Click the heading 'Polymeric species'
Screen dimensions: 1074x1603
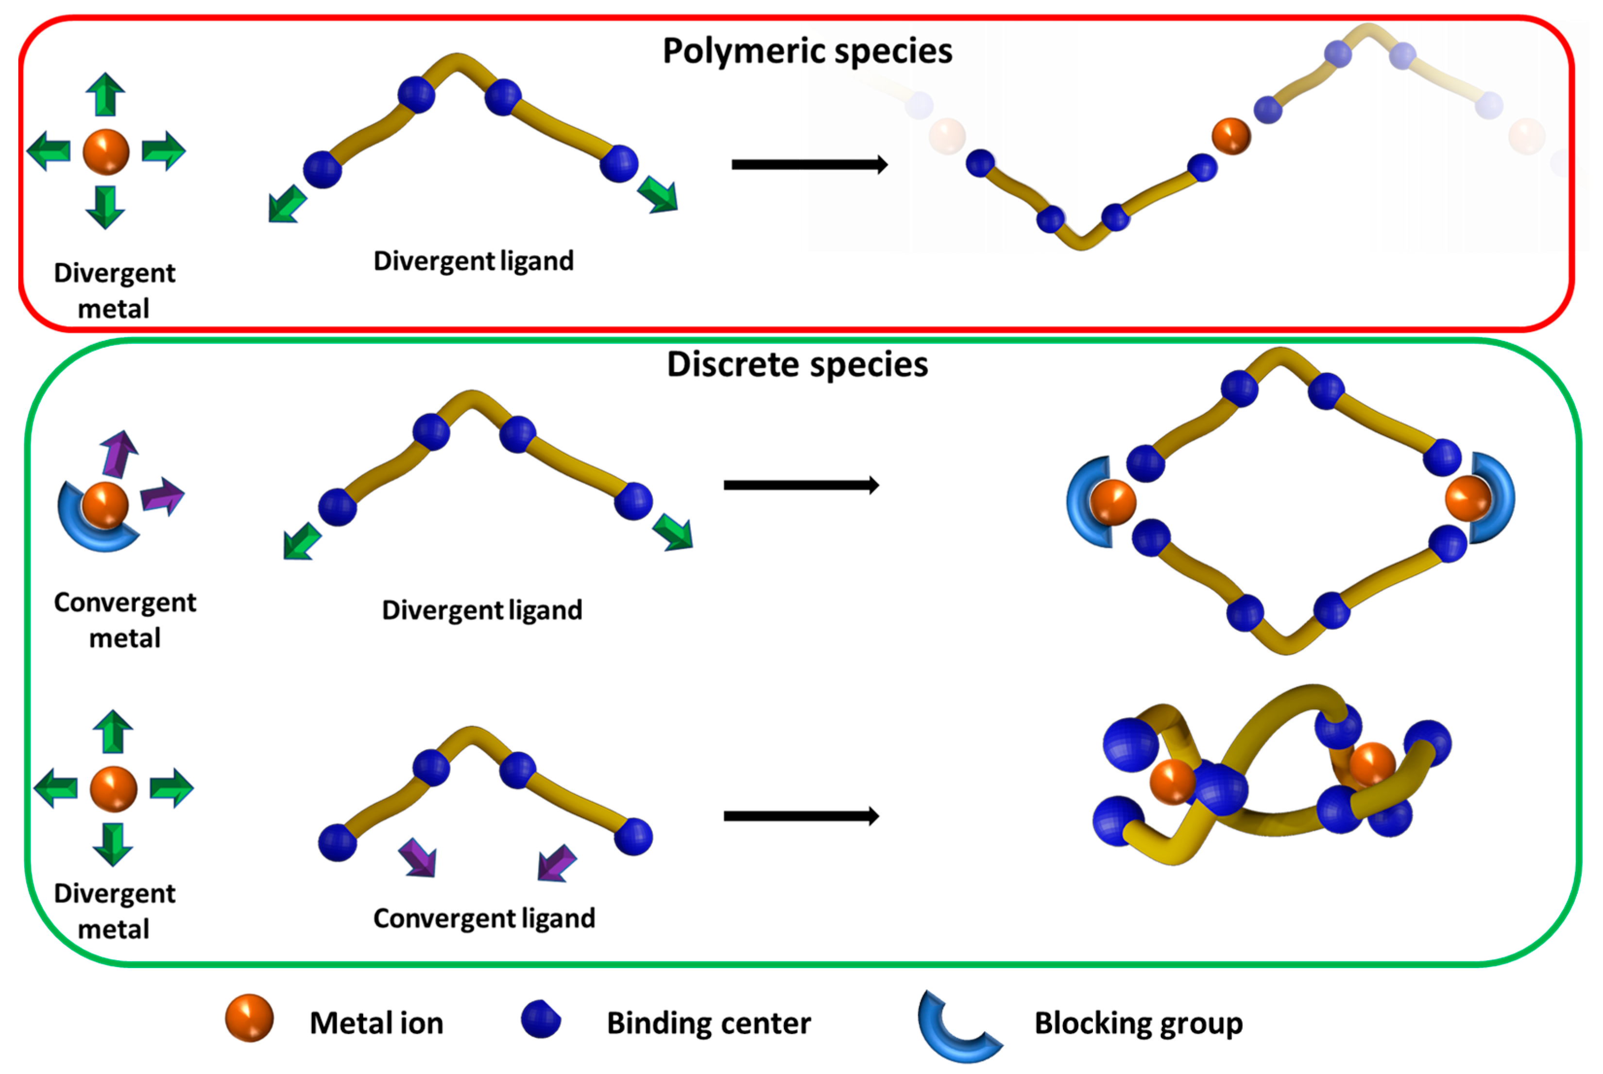point(807,51)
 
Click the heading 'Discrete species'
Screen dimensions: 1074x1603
point(797,364)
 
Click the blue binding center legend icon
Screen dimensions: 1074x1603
point(541,1019)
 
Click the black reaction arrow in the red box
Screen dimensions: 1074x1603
point(809,165)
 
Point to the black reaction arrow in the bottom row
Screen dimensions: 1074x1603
point(801,816)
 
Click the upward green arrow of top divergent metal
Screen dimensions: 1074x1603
point(105,95)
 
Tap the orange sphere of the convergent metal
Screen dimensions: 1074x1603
point(105,505)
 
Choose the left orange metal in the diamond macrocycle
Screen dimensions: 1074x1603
point(1112,502)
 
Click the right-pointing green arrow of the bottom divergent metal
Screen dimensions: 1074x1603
point(171,787)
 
